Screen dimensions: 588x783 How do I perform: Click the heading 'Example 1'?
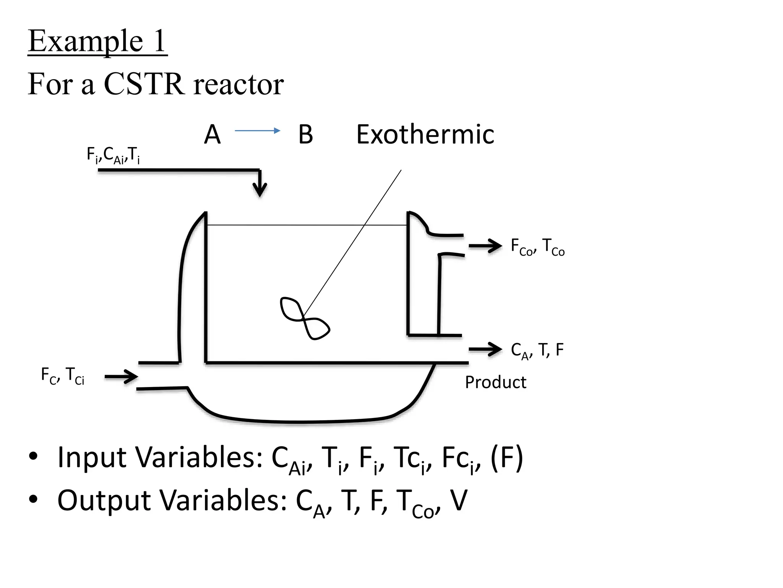click(x=97, y=41)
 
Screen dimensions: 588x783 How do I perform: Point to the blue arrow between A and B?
click(x=257, y=131)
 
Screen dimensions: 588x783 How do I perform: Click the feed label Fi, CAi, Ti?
click(x=113, y=155)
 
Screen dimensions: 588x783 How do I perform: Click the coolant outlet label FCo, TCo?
click(x=538, y=247)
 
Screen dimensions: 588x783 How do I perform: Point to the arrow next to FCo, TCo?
click(x=485, y=246)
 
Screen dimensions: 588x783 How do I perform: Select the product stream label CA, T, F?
click(x=537, y=350)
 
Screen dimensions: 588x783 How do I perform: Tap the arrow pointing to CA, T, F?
click(x=485, y=349)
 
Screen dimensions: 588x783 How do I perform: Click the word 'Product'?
click(x=495, y=382)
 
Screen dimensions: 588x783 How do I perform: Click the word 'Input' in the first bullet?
click(x=92, y=457)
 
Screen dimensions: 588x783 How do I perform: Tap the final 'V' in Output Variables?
click(x=459, y=500)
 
